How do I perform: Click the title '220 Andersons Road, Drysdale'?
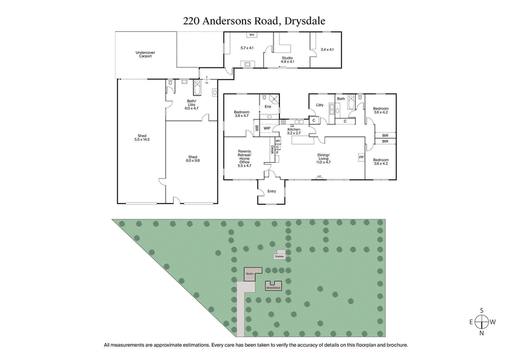point(254,20)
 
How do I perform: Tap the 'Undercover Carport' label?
point(146,55)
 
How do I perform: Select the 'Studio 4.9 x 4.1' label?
point(287,60)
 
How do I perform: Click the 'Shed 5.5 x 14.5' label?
point(142,137)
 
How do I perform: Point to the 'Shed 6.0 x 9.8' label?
point(192,158)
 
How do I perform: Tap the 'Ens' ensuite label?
point(268,106)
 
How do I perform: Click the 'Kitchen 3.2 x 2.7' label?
point(293,131)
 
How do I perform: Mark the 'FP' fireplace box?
point(361,156)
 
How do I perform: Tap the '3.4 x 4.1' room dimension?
point(327,49)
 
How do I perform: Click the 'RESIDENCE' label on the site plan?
point(274,287)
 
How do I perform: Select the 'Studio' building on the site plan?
point(251,275)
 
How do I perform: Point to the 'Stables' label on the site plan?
point(279,256)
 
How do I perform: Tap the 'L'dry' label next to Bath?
point(320,104)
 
